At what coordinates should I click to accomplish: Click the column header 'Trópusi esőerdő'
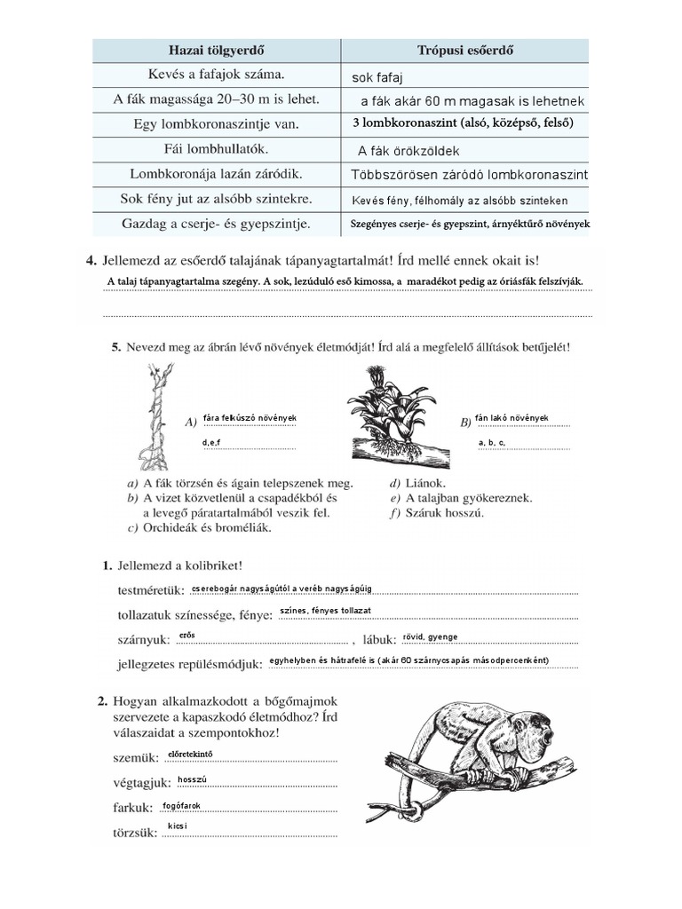tap(468, 50)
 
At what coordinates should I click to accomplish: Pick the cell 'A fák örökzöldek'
tap(408, 151)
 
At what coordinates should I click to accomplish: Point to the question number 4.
tap(90, 261)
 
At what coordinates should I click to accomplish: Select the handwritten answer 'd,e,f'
tap(211, 441)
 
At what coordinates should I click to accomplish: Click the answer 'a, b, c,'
tap(491, 441)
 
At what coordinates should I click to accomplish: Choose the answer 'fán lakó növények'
tap(511, 417)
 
